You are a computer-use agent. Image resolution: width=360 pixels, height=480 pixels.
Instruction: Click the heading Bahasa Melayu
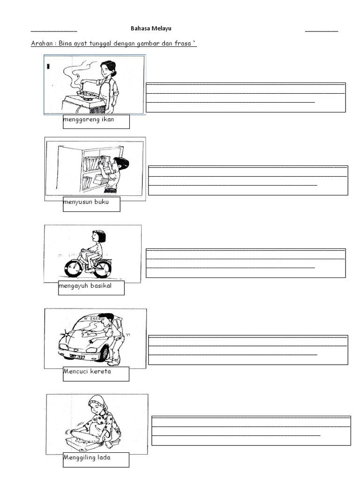tap(151, 29)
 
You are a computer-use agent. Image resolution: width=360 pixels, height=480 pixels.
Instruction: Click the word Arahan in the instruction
tap(42, 43)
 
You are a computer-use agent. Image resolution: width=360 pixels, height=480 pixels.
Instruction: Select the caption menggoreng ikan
tap(89, 120)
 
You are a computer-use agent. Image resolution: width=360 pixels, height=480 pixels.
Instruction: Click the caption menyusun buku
tap(86, 202)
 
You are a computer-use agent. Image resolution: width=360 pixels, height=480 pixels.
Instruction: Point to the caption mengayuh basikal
tap(85, 285)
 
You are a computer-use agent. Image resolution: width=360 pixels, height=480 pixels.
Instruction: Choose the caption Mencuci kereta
tap(87, 371)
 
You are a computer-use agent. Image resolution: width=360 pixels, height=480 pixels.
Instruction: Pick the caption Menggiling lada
tap(87, 457)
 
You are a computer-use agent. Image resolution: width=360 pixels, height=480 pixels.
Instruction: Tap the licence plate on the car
tap(77, 357)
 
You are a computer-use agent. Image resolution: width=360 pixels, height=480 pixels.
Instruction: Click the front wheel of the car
tap(104, 353)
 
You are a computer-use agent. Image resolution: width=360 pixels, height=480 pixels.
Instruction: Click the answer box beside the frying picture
tap(246, 97)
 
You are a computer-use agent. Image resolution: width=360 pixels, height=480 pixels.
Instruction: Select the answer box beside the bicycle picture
tap(246, 263)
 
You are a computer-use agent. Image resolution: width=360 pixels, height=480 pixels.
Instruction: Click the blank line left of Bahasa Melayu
tap(54, 31)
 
